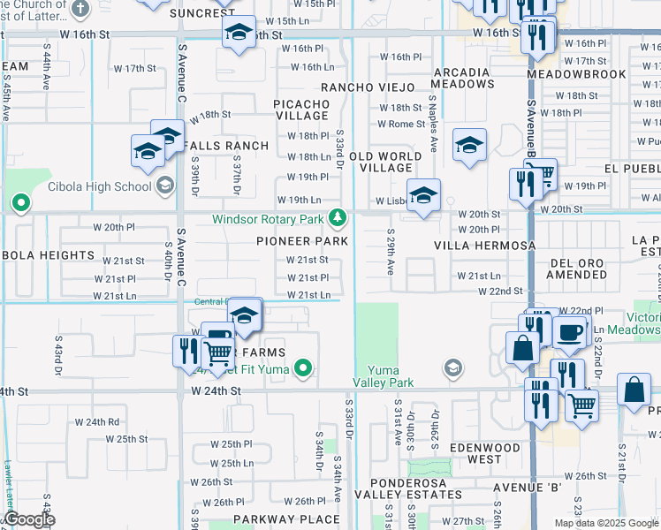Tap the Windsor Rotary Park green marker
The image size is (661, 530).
click(x=337, y=217)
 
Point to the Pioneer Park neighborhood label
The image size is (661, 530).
click(x=301, y=241)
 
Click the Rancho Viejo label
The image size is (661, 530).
click(x=367, y=87)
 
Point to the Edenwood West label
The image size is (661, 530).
click(x=485, y=453)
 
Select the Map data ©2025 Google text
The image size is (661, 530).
click(x=606, y=523)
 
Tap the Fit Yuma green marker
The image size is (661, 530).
click(x=303, y=367)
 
